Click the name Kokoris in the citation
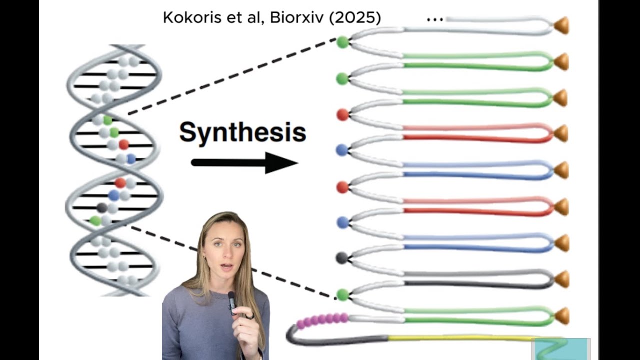coord(190,18)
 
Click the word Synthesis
coord(242,132)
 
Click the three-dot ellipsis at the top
coord(435,20)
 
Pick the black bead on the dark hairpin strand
coord(342,258)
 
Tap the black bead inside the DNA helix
coord(102,207)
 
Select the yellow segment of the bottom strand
coord(460,338)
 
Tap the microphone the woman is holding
coord(231,300)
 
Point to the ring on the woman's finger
coord(250,316)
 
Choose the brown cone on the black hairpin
coord(562,279)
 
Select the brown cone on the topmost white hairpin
coord(562,25)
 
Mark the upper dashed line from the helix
coord(232,76)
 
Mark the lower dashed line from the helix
coord(232,262)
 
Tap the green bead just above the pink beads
coord(342,294)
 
